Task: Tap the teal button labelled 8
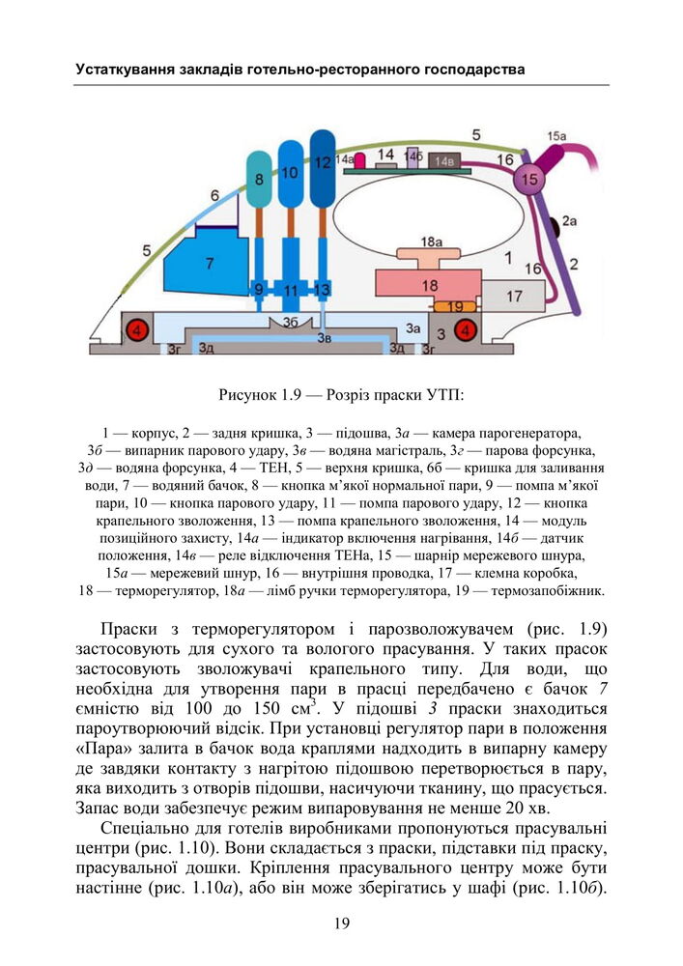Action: coord(258,179)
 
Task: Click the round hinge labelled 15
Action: coord(528,179)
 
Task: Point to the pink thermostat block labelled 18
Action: coord(429,285)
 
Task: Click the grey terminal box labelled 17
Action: coord(513,296)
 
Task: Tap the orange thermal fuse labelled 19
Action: coord(454,307)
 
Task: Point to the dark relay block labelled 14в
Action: coord(444,161)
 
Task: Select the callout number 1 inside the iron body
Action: coord(508,257)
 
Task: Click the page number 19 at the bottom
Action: coord(341,923)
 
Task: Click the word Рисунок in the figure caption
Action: coord(250,394)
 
